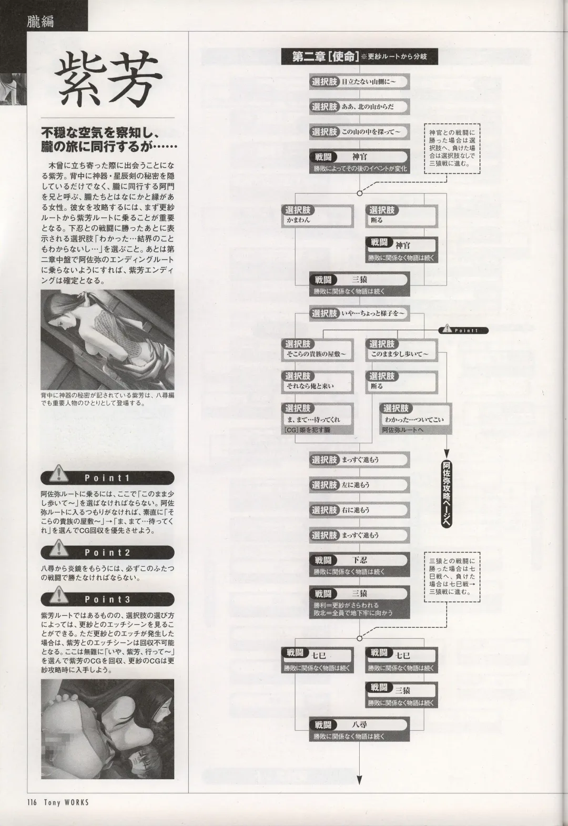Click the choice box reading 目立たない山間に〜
coord(359,82)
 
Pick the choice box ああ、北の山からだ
coord(359,107)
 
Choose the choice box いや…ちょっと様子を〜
coord(359,313)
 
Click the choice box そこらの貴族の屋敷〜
coord(316,349)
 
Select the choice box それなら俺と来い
coord(316,381)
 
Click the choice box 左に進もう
coord(359,485)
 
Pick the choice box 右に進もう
coord(359,510)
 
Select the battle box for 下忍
coord(359,565)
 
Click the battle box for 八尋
coord(359,730)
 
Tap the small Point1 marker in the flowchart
coord(463,330)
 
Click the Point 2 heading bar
coord(107,553)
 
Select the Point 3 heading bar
coord(107,599)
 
